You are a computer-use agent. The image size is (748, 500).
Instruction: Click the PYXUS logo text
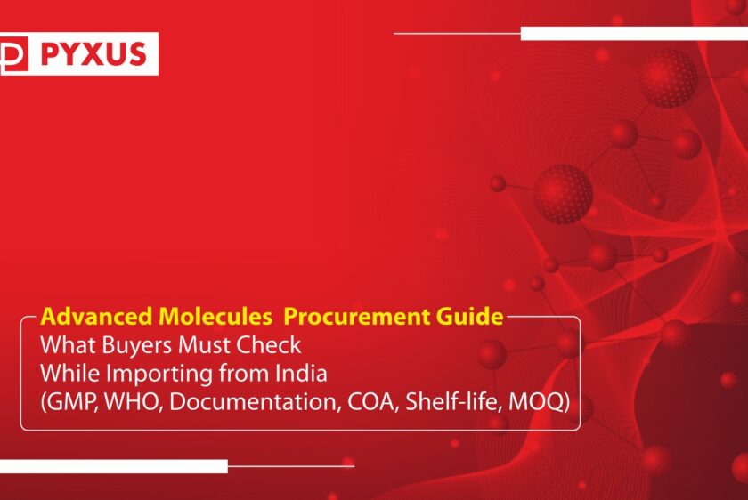tap(93, 54)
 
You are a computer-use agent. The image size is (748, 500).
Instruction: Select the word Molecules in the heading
tap(197, 317)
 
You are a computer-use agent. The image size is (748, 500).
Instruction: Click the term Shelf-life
tap(451, 402)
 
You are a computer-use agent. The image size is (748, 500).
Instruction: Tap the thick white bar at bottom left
tap(113, 465)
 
